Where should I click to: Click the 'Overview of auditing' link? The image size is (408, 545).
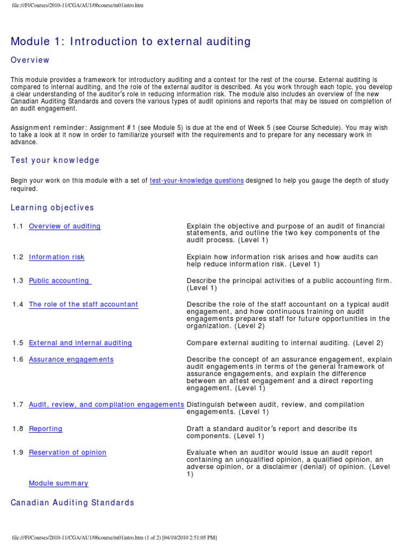[x=64, y=226]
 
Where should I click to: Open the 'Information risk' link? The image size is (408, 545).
[x=56, y=257]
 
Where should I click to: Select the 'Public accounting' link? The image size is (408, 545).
[x=59, y=281]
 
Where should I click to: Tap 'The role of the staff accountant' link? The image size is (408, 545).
[x=83, y=304]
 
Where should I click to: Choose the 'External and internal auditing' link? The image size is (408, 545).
[x=80, y=343]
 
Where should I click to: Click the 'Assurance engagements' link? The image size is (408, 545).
[x=71, y=360]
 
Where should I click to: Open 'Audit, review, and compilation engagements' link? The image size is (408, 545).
[x=106, y=404]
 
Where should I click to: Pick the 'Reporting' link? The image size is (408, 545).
[x=45, y=429]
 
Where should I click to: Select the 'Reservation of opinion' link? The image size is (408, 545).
[x=67, y=452]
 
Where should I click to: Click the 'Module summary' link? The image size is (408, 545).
[x=58, y=483]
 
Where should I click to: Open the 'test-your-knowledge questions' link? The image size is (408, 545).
[x=197, y=181]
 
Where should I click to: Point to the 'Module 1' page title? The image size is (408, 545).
[x=131, y=41]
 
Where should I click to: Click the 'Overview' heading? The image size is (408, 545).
[x=30, y=60]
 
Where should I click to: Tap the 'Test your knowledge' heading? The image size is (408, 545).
[x=55, y=160]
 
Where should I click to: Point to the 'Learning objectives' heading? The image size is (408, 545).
[x=52, y=208]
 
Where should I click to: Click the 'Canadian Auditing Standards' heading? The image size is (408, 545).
[x=72, y=502]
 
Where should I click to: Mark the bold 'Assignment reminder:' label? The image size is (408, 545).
[x=49, y=128]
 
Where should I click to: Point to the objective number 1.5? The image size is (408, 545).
[x=18, y=343]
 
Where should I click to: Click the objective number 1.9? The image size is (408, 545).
[x=18, y=452]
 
